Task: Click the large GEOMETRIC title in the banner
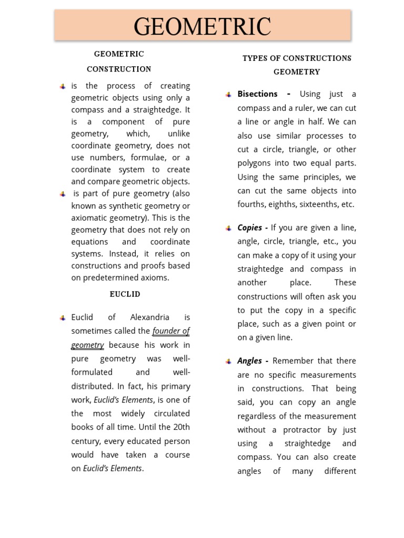tap(203, 26)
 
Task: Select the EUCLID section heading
tap(125, 294)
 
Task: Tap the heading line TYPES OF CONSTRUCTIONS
tap(297, 58)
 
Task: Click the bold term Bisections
tap(258, 94)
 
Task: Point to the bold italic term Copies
tap(250, 228)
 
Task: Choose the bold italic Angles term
tap(250, 361)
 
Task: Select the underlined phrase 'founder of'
tap(171, 331)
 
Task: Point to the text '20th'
tap(180, 427)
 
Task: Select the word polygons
tap(255, 163)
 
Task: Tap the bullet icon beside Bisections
tap(228, 95)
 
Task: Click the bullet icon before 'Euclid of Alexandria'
tap(62, 318)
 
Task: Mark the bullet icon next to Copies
tap(228, 229)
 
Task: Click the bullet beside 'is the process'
tap(62, 87)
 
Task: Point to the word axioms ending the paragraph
tap(155, 278)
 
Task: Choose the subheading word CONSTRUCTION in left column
tap(119, 69)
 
